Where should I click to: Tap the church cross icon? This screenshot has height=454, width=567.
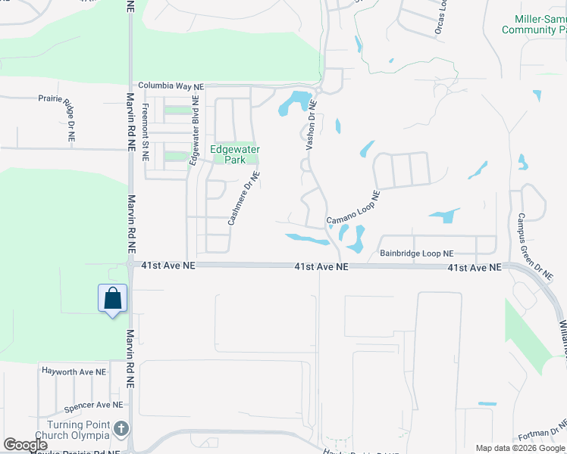pyautogui.click(x=120, y=430)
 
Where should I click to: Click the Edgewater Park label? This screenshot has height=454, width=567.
pyautogui.click(x=235, y=154)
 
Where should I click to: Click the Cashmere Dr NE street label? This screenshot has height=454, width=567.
pyautogui.click(x=244, y=197)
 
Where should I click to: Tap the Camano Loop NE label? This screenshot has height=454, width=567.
pyautogui.click(x=353, y=209)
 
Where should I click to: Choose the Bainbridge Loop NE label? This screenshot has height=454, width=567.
pyautogui.click(x=416, y=253)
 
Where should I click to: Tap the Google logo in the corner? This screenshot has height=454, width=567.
pyautogui.click(x=25, y=445)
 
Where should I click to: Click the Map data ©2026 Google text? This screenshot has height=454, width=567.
pyautogui.click(x=520, y=448)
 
